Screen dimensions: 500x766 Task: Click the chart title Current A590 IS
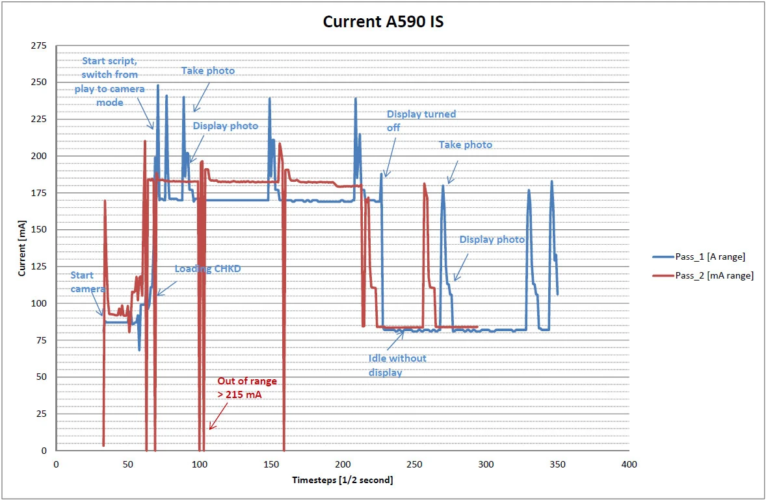pyautogui.click(x=384, y=21)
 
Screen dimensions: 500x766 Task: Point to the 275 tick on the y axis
pyautogui.click(x=40, y=46)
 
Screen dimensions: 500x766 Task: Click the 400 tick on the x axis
pyautogui.click(x=629, y=464)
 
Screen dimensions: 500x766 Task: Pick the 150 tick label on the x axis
pyautogui.click(x=271, y=464)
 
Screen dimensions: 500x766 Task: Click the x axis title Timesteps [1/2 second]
pyautogui.click(x=343, y=480)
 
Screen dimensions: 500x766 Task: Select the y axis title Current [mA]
pyautogui.click(x=22, y=247)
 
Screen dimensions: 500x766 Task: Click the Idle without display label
pyautogui.click(x=397, y=365)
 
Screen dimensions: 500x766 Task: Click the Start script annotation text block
pyautogui.click(x=109, y=81)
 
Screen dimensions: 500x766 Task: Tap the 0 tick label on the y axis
pyautogui.click(x=43, y=451)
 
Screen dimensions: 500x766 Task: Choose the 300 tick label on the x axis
pyautogui.click(x=486, y=464)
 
